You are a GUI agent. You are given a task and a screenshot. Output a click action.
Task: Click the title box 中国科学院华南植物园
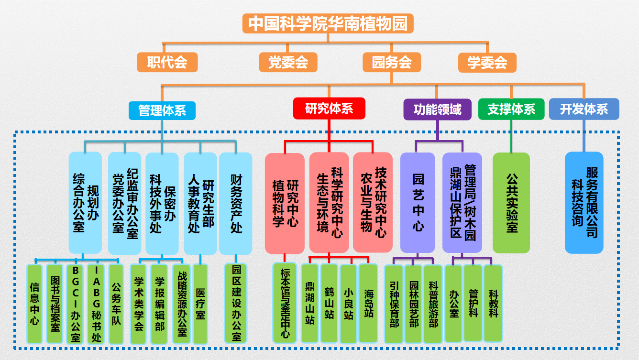pos(328,23)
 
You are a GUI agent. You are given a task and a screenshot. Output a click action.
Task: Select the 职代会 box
pos(167,62)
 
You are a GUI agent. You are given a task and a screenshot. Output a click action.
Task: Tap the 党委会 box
pos(288,62)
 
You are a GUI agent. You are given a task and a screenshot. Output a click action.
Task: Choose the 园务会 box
pos(392,62)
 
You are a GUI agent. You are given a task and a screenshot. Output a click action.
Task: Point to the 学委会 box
pos(487,62)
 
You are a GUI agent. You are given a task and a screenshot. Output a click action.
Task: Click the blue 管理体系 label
pos(162,110)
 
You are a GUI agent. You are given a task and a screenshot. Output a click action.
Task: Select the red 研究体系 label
pos(329,109)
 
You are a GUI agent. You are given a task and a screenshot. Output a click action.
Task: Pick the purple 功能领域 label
pos(438,109)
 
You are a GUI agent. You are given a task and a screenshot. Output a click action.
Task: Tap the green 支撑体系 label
pos(511,109)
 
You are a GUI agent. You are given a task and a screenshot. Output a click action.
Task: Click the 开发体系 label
pos(584,109)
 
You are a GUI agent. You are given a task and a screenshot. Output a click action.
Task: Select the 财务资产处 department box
pos(236,203)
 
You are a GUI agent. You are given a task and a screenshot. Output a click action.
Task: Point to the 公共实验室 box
pos(511,203)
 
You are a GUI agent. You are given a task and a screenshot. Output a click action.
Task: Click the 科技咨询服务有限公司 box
pos(584,203)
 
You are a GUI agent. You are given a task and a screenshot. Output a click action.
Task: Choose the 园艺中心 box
pos(418,203)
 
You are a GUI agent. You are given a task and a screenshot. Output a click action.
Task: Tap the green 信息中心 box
pos(34,304)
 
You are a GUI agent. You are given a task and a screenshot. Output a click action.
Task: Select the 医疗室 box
pos(200,304)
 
